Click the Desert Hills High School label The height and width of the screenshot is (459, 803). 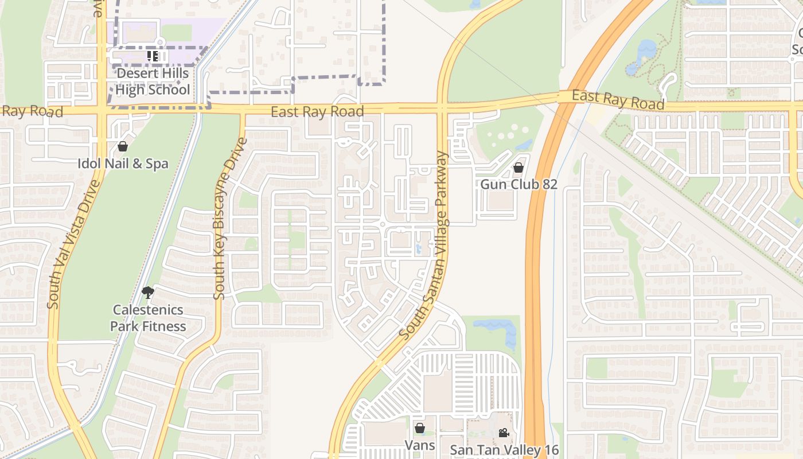[152, 81]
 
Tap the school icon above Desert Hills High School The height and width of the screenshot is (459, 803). [153, 56]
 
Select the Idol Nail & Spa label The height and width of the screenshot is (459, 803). [123, 164]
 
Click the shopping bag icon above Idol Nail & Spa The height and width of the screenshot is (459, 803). [122, 146]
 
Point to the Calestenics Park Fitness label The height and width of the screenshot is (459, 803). [148, 318]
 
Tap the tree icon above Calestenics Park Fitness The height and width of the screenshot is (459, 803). [148, 293]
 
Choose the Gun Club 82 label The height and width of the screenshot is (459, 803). [519, 184]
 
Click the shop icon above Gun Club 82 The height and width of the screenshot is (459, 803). [518, 168]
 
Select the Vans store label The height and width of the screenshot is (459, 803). [420, 445]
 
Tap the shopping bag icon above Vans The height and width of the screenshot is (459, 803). [420, 428]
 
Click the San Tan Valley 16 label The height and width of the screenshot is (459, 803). [504, 450]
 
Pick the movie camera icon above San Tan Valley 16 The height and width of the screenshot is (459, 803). [504, 433]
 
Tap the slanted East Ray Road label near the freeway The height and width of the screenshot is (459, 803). [618, 100]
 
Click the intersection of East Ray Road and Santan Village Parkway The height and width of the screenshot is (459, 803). [442, 107]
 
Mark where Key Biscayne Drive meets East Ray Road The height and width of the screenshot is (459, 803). [242, 109]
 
